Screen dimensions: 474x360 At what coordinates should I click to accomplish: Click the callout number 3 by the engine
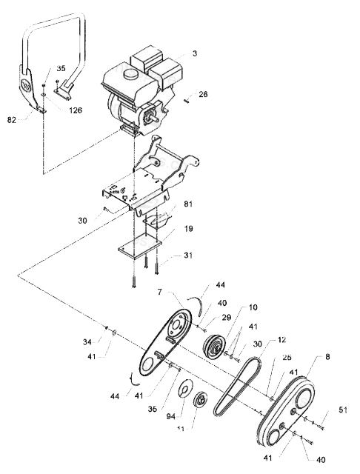pyautogui.click(x=194, y=54)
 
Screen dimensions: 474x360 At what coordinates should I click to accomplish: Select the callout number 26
pyautogui.click(x=203, y=94)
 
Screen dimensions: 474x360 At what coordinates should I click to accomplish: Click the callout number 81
pyautogui.click(x=189, y=204)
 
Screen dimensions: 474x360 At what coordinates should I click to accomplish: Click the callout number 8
pyautogui.click(x=327, y=358)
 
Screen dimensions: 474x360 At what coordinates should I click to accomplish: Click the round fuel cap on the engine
pyautogui.click(x=131, y=75)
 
